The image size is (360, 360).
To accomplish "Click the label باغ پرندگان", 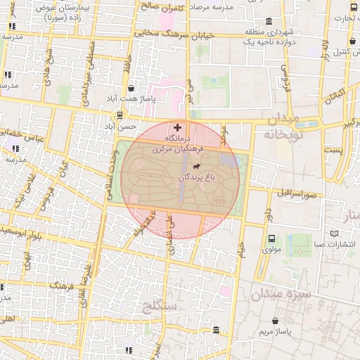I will click(200, 178).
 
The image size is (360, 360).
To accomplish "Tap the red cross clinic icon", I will click(176, 128).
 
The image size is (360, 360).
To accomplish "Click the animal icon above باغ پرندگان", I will click(195, 167).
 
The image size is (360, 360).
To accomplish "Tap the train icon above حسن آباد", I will click(120, 115).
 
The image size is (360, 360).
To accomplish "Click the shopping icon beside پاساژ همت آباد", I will click(133, 89).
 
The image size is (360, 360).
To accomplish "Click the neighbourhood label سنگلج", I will click(162, 306).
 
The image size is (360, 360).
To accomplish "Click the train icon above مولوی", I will click(271, 238).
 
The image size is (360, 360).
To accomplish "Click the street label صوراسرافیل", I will click(298, 191).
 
